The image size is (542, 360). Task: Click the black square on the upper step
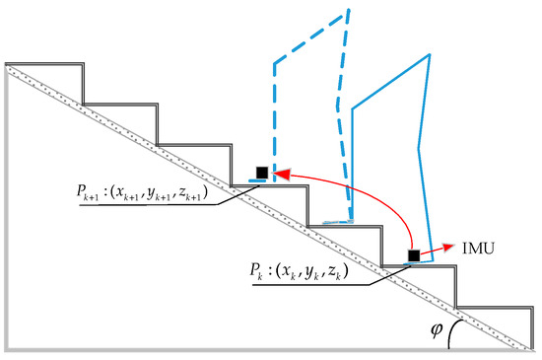point(261,174)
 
